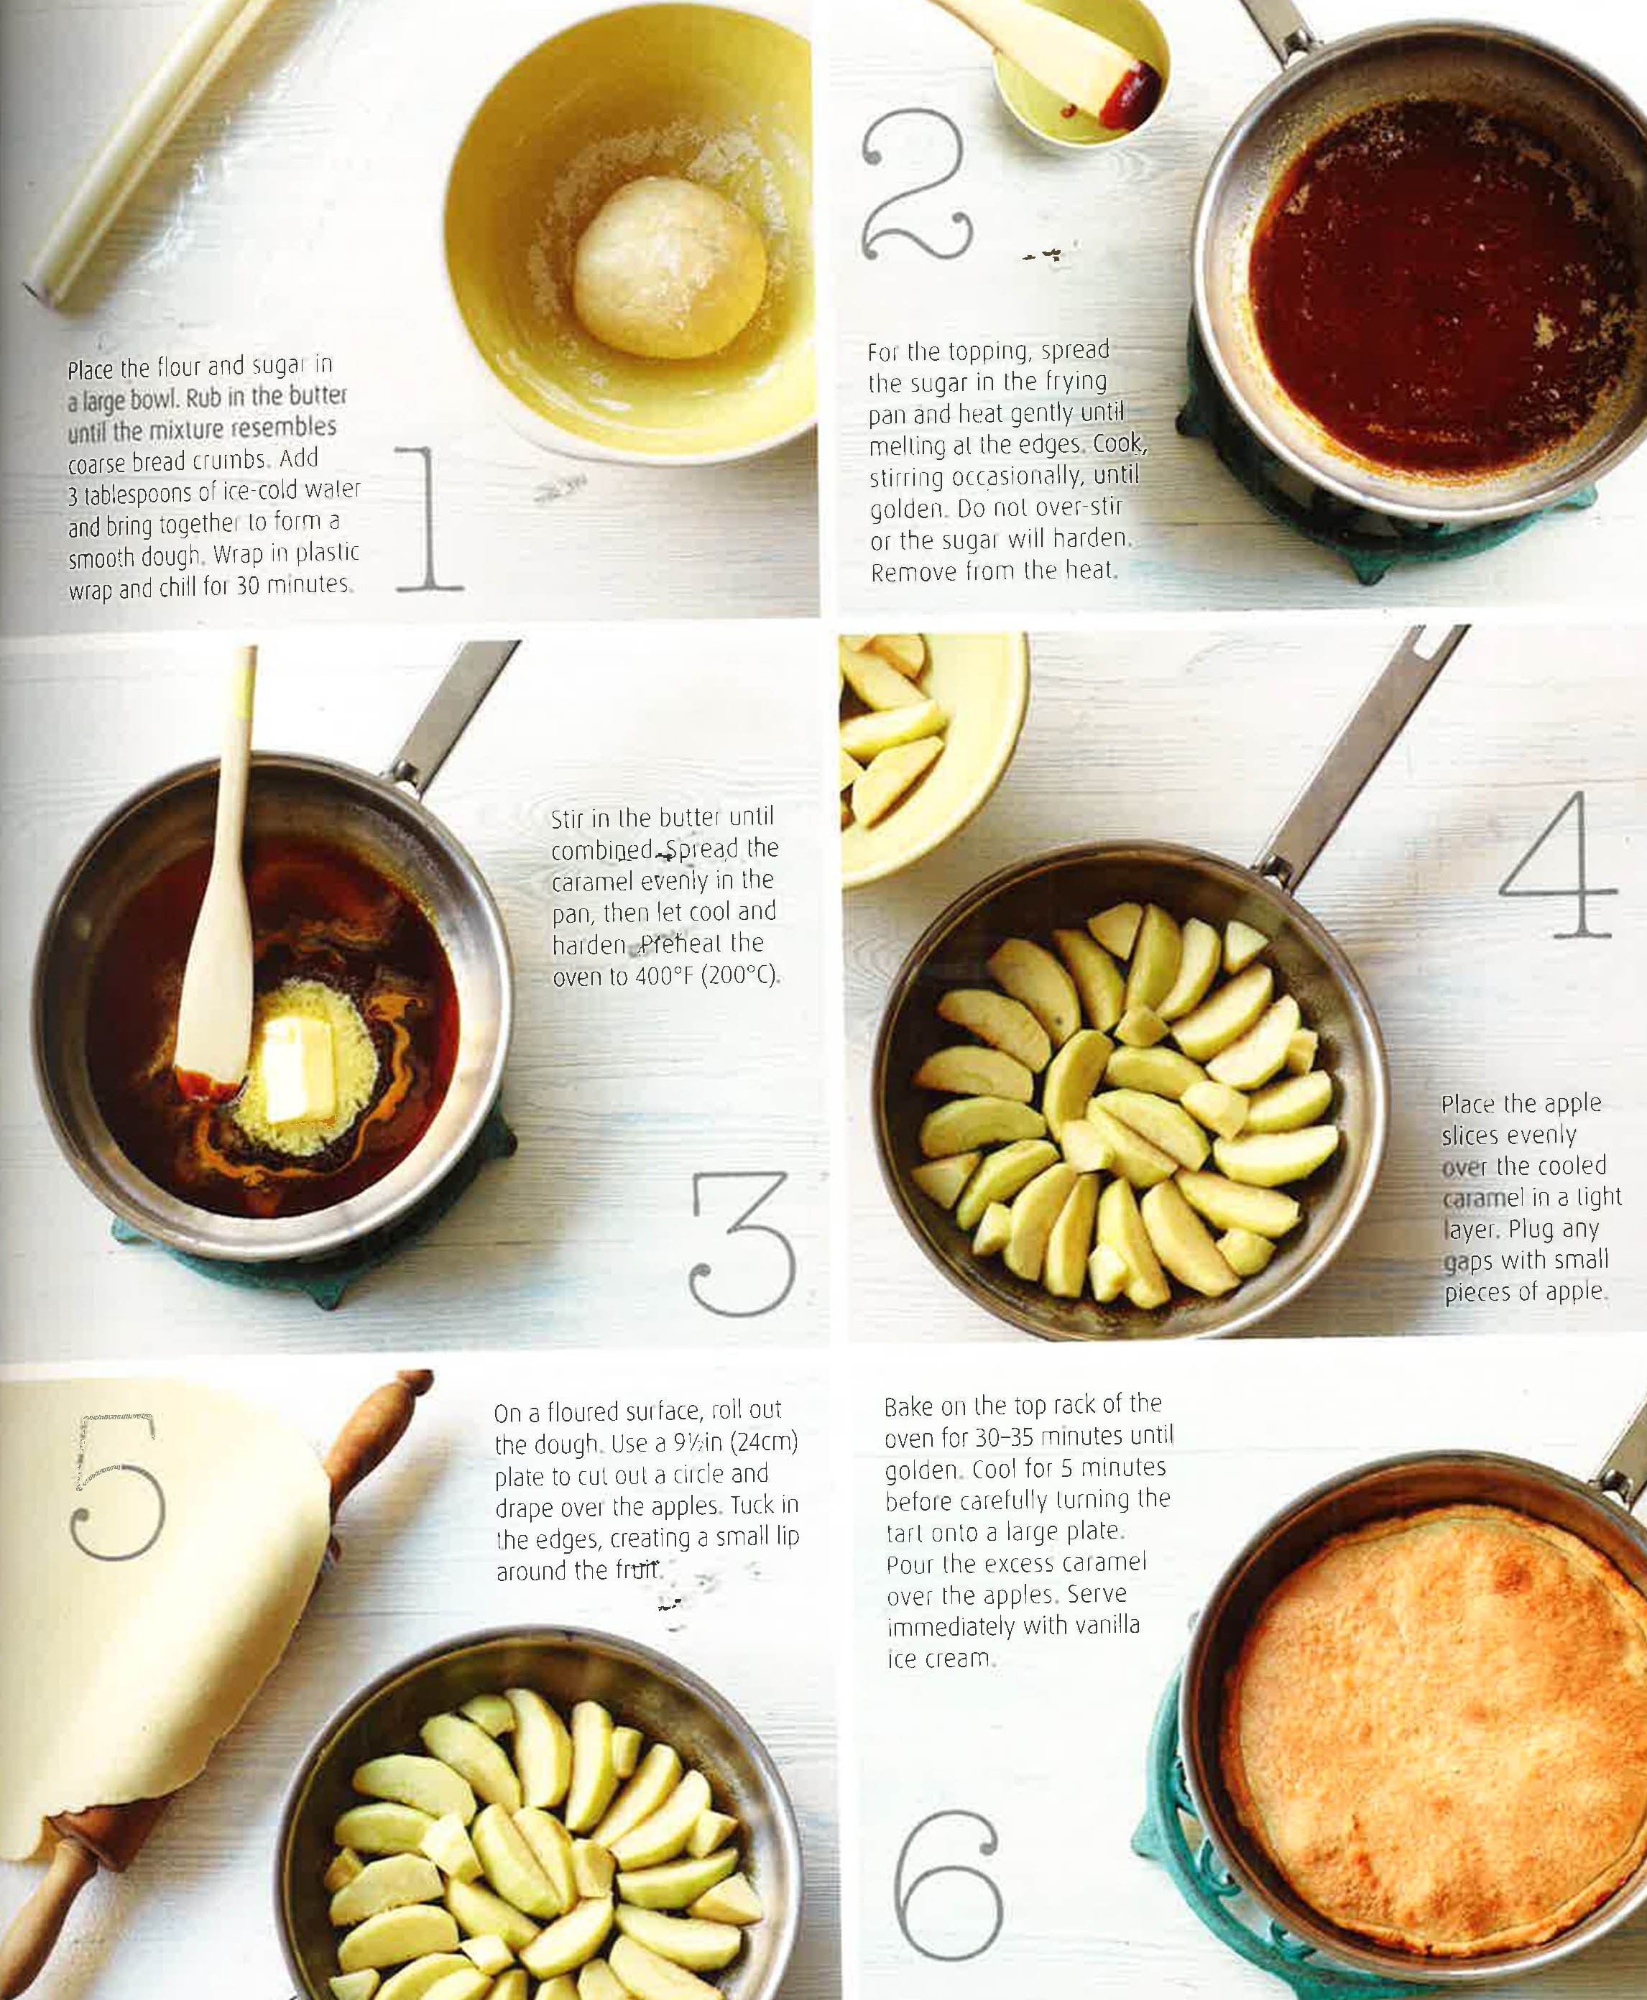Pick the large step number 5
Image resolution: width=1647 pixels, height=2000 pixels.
tap(119, 1487)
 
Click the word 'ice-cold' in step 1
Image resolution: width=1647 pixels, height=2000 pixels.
tap(245, 491)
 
